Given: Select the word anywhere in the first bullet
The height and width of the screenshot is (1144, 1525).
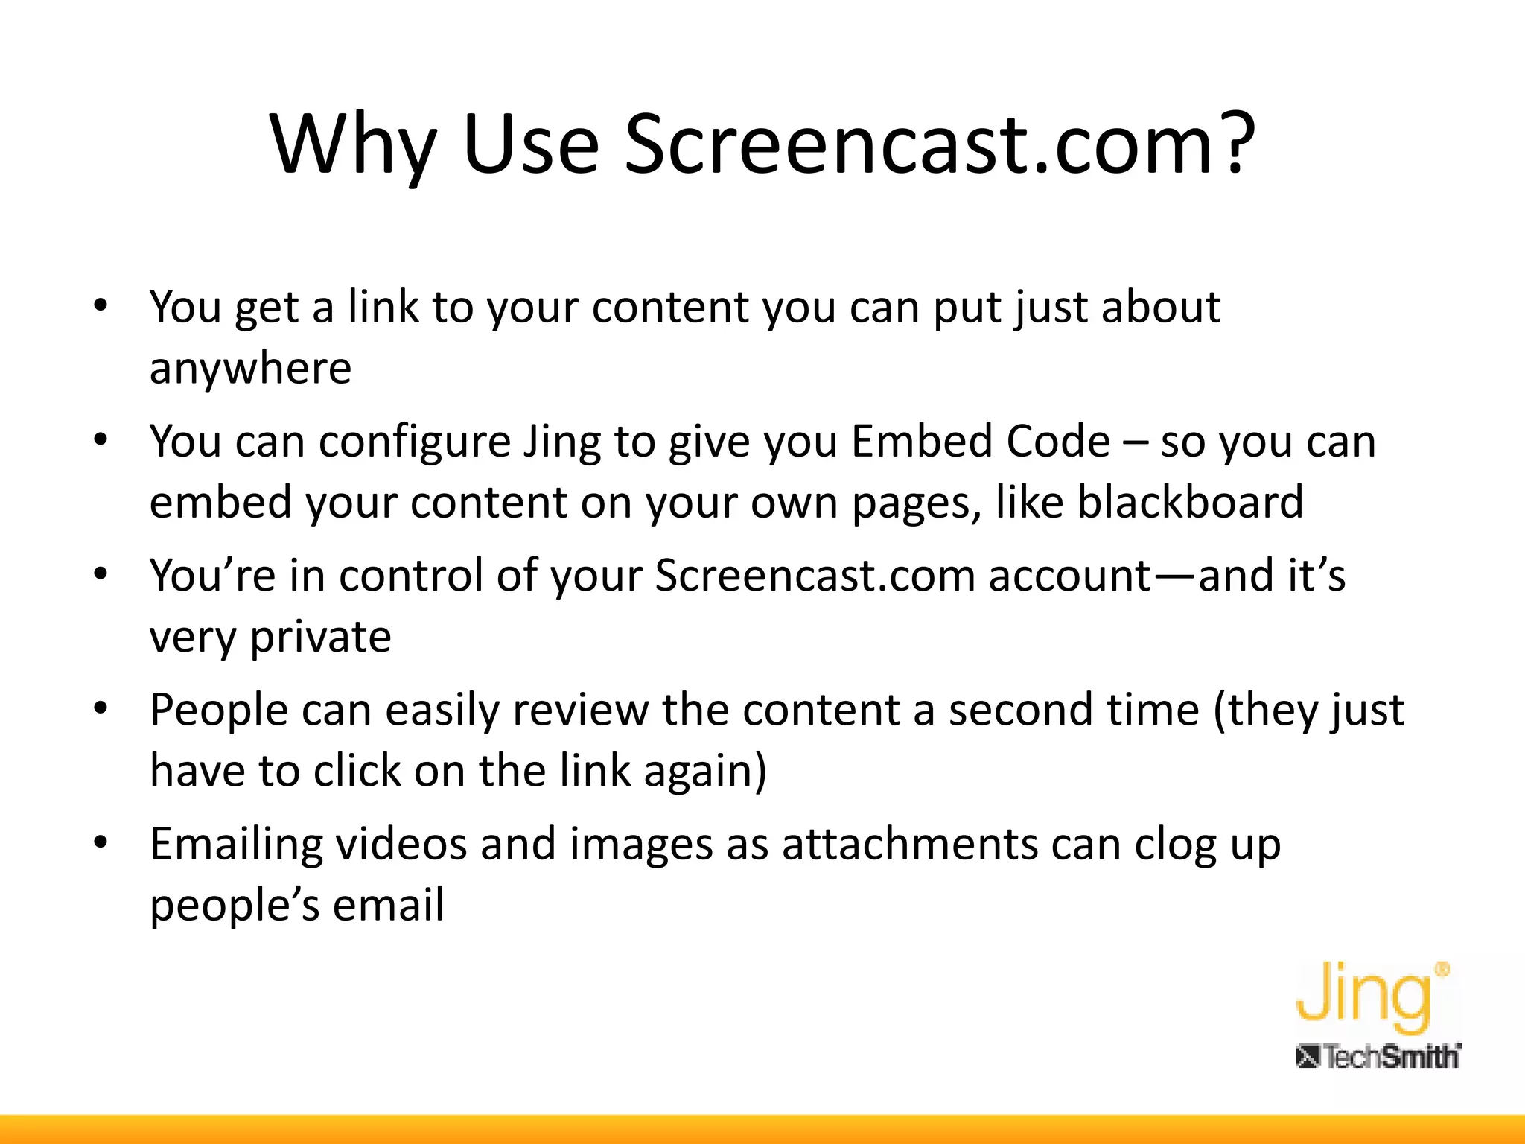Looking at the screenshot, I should [x=250, y=369].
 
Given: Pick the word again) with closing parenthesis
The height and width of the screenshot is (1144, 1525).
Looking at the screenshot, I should [x=704, y=772].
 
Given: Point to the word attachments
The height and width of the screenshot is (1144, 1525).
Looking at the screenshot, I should [x=909, y=845].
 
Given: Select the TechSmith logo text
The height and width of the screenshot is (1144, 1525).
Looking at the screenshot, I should [x=1378, y=1057].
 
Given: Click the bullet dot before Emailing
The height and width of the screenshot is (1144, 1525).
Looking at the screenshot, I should [x=101, y=842].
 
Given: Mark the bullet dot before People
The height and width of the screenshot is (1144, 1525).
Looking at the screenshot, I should [x=101, y=708].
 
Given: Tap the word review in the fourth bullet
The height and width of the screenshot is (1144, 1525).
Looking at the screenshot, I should [x=580, y=710].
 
